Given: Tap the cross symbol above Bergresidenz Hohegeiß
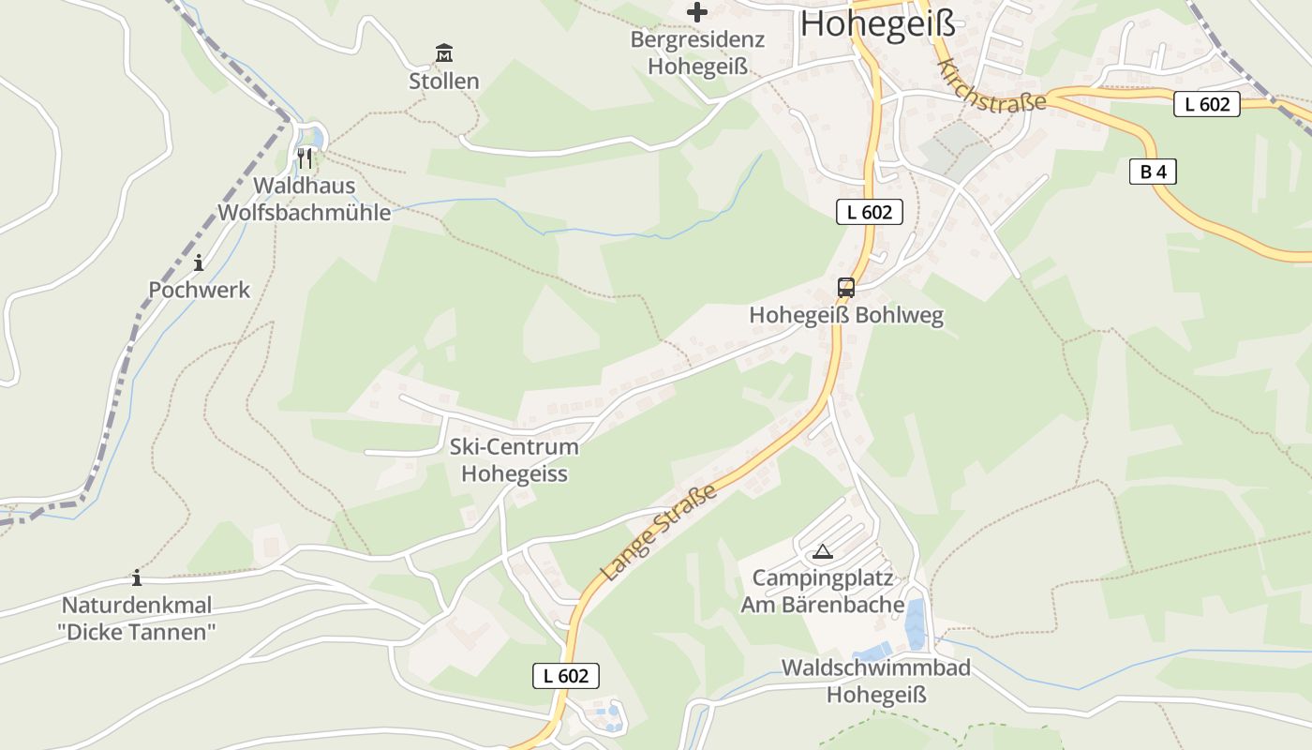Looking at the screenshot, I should tap(697, 12).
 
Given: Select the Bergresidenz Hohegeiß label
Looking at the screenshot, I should tap(697, 53).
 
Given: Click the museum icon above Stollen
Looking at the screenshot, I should tap(444, 52).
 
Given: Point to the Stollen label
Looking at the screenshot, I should tap(444, 82).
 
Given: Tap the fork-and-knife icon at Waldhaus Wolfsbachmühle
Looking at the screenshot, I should tap(305, 157).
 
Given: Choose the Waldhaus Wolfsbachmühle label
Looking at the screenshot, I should tap(305, 199).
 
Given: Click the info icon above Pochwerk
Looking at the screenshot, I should tap(199, 262).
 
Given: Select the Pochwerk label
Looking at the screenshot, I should tap(200, 291).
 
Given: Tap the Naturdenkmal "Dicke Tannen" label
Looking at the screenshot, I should tap(137, 619).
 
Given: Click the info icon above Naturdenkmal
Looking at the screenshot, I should tap(137, 577).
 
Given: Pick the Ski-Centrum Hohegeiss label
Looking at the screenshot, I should tap(514, 460).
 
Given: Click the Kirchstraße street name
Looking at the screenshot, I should tap(991, 86).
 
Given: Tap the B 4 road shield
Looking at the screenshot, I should tap(1153, 172).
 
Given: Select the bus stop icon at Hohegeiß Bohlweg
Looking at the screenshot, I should tap(845, 287).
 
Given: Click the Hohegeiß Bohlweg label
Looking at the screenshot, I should tap(846, 316).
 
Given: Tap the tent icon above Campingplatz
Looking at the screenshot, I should tap(823, 551).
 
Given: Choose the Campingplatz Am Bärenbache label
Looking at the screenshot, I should tap(823, 592).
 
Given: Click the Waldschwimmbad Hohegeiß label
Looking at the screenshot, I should tap(876, 682).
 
